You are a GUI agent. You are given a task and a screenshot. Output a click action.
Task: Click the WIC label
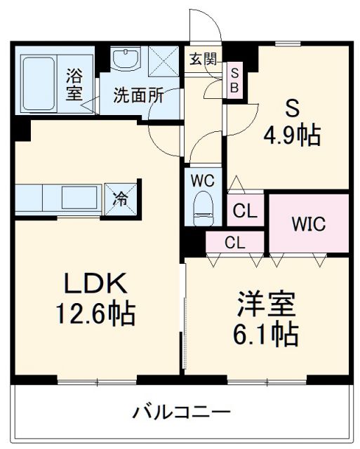tap(309, 226)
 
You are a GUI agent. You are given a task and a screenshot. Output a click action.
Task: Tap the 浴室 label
tap(74, 83)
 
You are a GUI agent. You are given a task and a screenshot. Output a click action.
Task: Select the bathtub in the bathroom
tap(41, 82)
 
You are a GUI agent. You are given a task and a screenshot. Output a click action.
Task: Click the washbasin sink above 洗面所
tap(127, 60)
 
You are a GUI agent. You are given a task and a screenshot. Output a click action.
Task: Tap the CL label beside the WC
tap(245, 210)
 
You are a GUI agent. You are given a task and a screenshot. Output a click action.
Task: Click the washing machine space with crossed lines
tap(164, 60)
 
